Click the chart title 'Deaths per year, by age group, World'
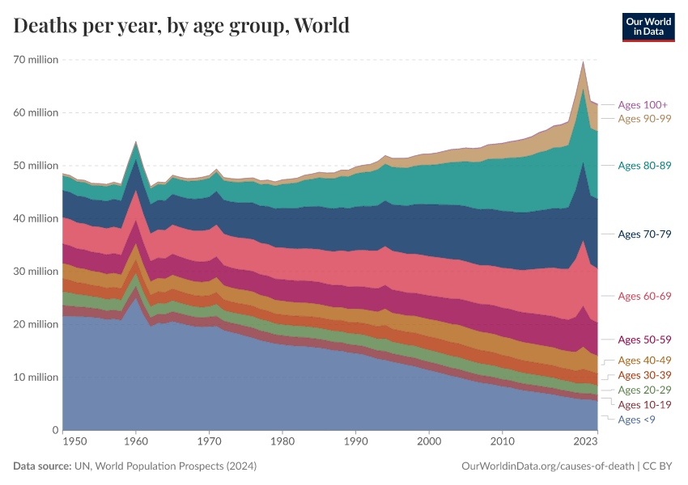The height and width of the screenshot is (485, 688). coord(181,26)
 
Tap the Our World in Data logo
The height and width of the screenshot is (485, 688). coord(648,27)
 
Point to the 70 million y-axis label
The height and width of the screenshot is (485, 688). coord(34,60)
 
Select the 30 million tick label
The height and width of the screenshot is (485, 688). coord(34,272)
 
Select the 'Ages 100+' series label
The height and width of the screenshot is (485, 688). coord(642,105)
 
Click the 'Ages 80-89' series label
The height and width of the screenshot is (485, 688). coord(644,166)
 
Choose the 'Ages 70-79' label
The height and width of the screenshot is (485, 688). coord(644,234)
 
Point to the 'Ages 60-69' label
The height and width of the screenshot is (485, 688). coord(644,297)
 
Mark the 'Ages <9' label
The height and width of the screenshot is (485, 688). coord(636,420)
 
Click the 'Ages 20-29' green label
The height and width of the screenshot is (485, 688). coord(644,390)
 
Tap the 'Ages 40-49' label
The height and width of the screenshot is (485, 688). coord(644,361)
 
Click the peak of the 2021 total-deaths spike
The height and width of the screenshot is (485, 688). coord(583,61)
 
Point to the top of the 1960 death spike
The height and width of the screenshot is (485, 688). coord(136,142)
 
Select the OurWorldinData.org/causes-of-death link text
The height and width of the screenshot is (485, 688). coord(547,466)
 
